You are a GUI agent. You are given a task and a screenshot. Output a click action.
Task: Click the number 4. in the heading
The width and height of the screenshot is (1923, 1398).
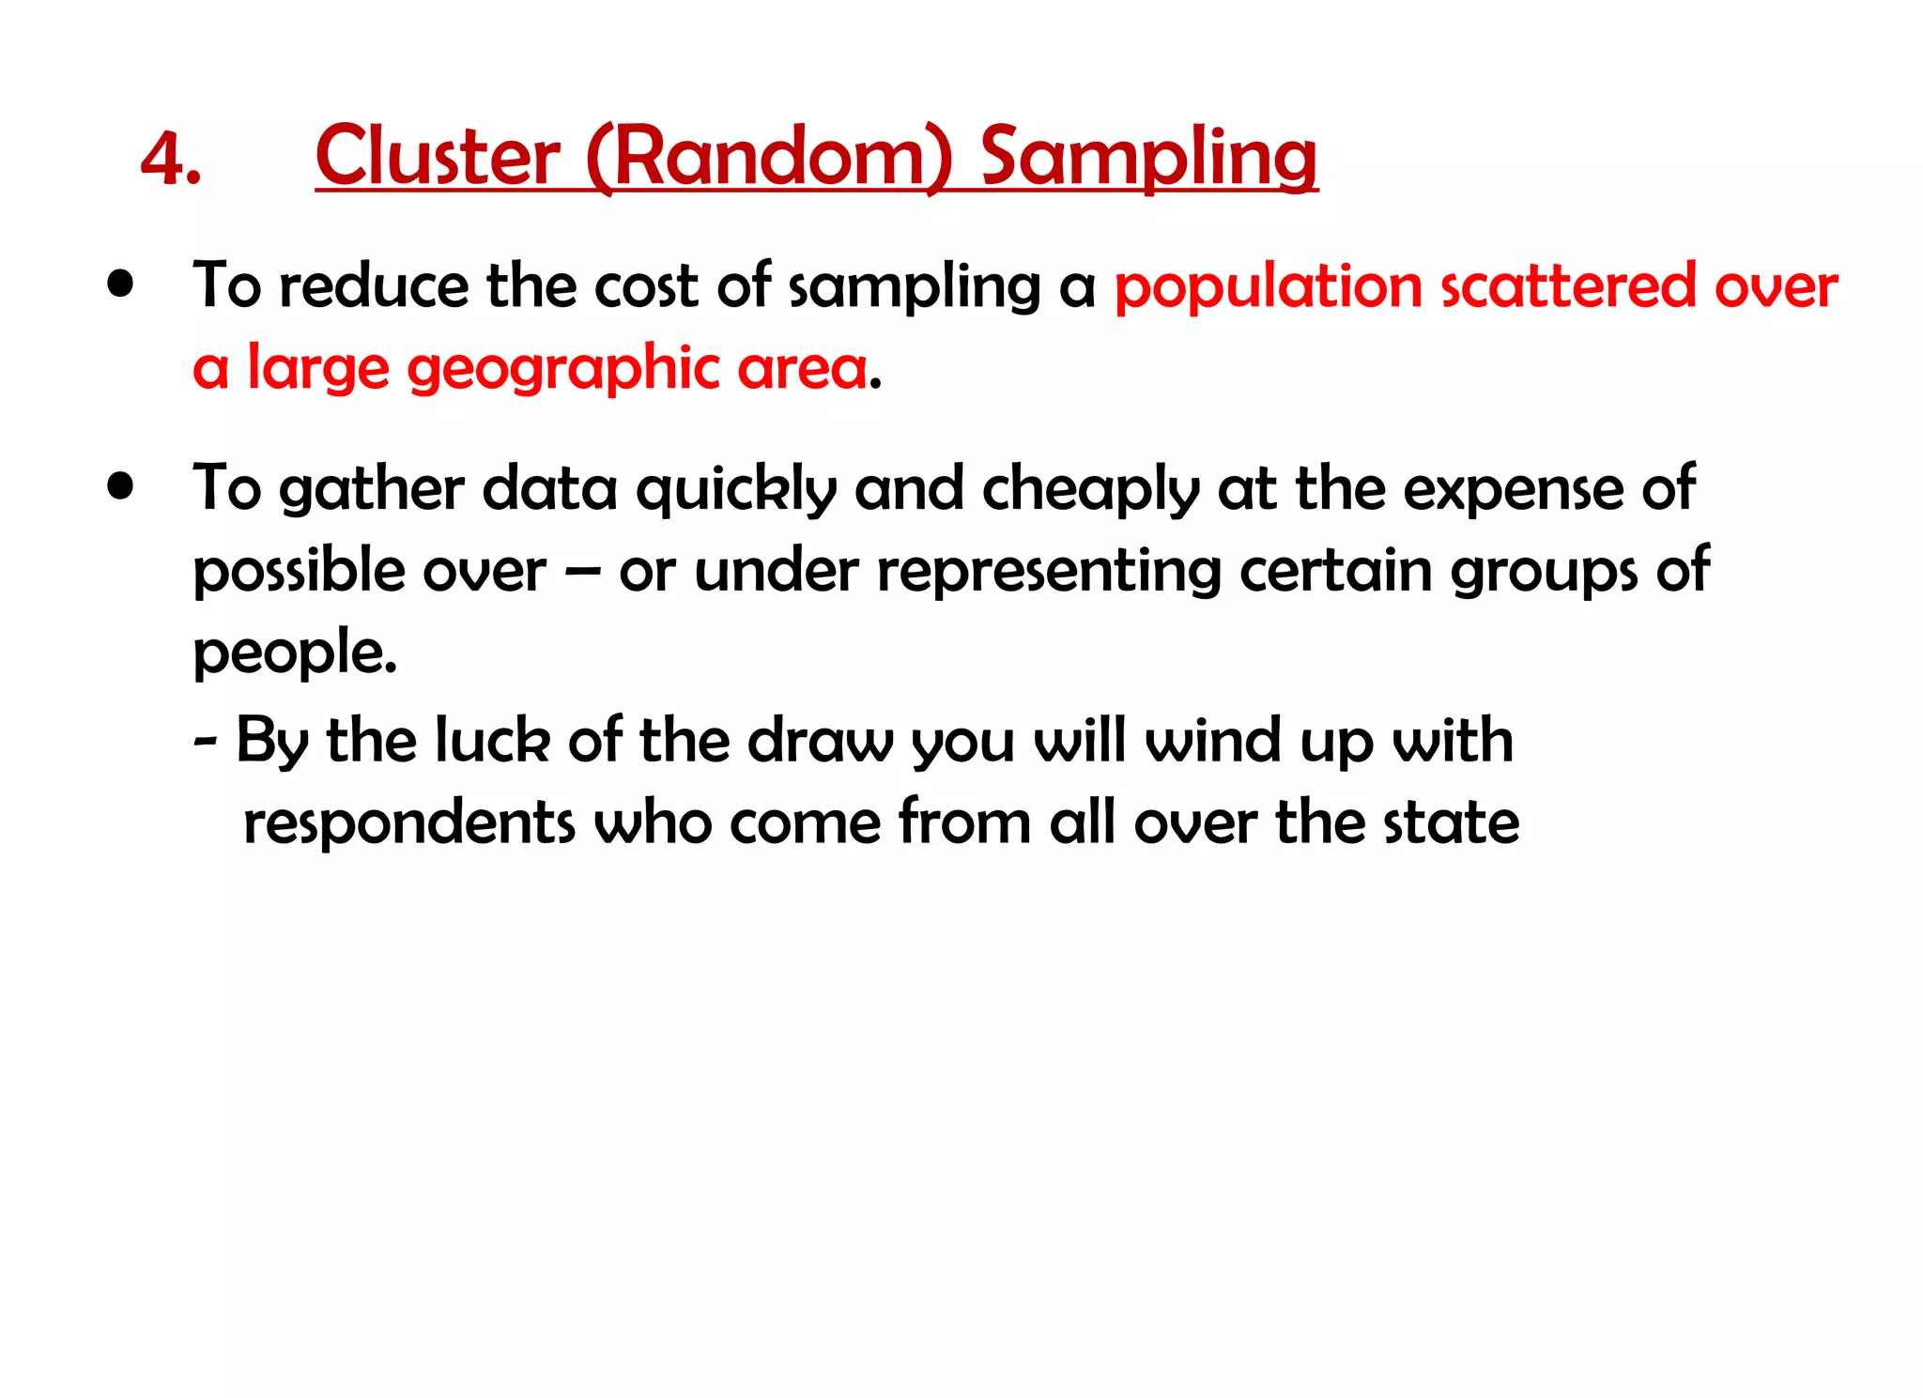[x=171, y=158]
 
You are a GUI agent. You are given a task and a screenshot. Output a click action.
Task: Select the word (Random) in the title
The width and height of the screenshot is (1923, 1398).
[x=769, y=158]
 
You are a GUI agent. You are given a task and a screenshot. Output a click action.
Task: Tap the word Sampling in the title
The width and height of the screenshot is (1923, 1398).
[x=1148, y=158]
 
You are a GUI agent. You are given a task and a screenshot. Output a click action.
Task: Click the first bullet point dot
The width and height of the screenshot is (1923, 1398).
[x=120, y=284]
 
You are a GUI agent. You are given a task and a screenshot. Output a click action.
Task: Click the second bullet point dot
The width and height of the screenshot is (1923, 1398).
[x=120, y=486]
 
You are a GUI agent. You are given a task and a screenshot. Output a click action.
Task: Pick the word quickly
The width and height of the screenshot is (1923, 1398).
[x=736, y=490]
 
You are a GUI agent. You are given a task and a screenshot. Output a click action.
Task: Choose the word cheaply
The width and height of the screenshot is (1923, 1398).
[x=1090, y=490]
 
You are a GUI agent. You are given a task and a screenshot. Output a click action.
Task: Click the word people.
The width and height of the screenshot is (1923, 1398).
[x=295, y=653]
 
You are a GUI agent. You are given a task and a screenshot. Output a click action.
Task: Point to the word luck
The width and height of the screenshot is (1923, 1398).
[x=492, y=740]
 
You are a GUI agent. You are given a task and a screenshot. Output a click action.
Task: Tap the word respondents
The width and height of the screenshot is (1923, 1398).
[x=408, y=822]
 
